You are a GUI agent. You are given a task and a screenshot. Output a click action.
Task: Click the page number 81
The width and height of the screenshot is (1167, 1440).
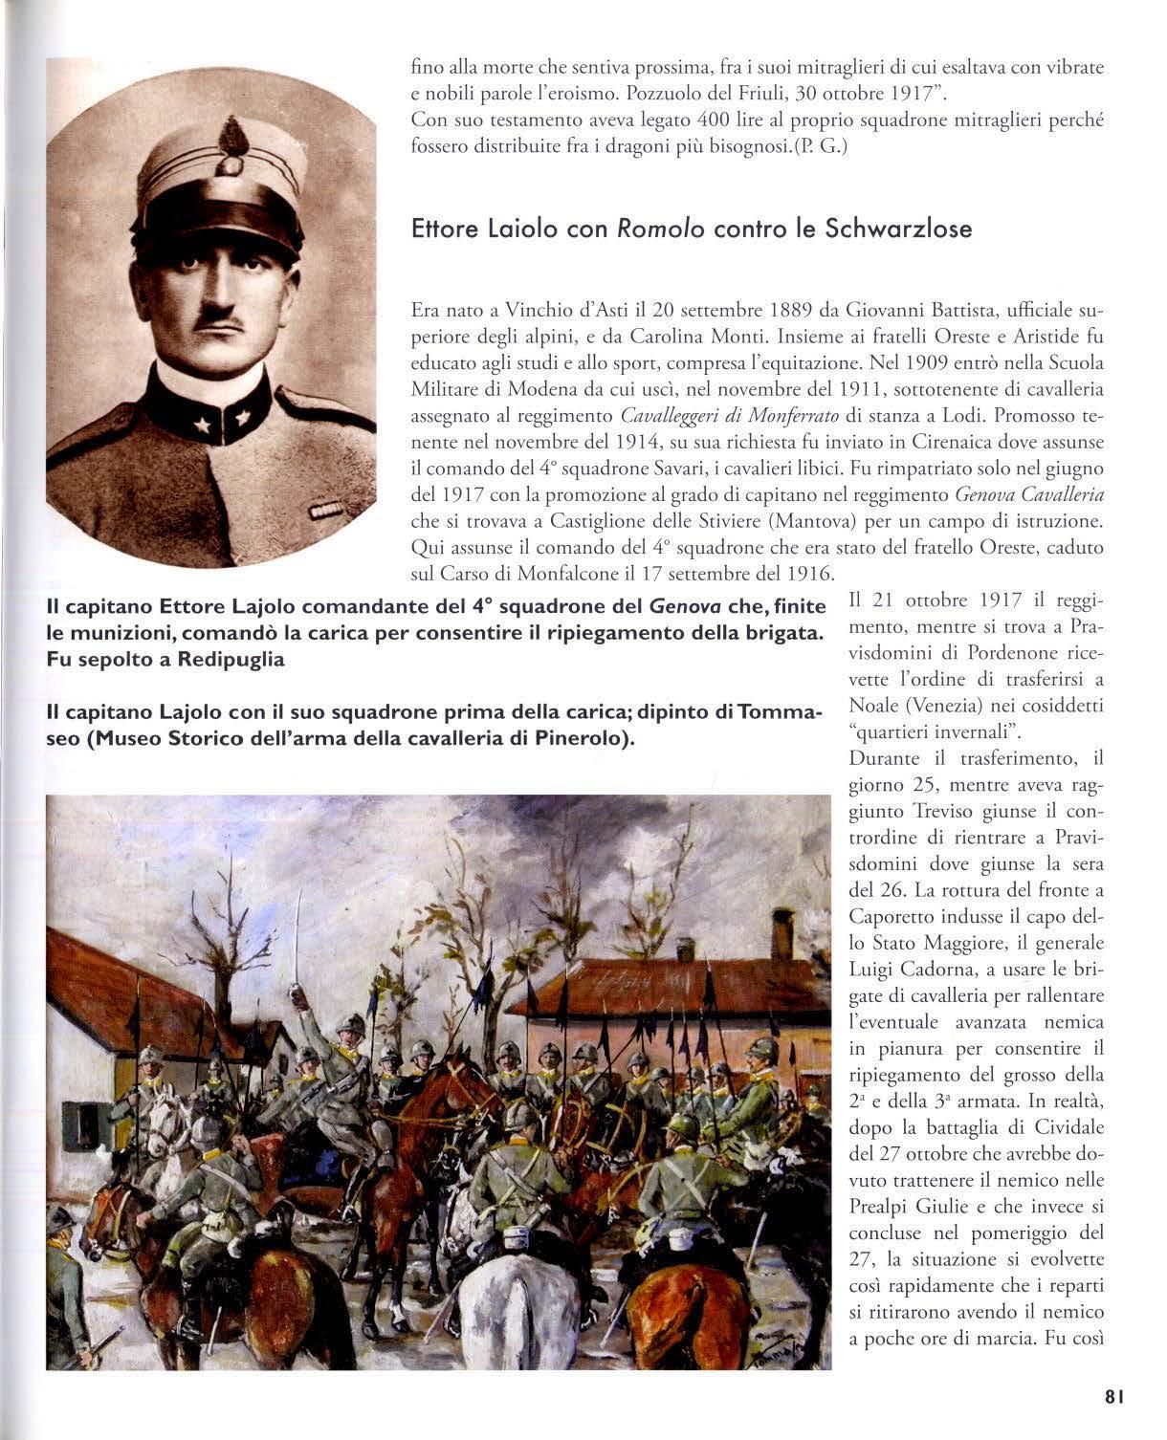tap(1112, 1397)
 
